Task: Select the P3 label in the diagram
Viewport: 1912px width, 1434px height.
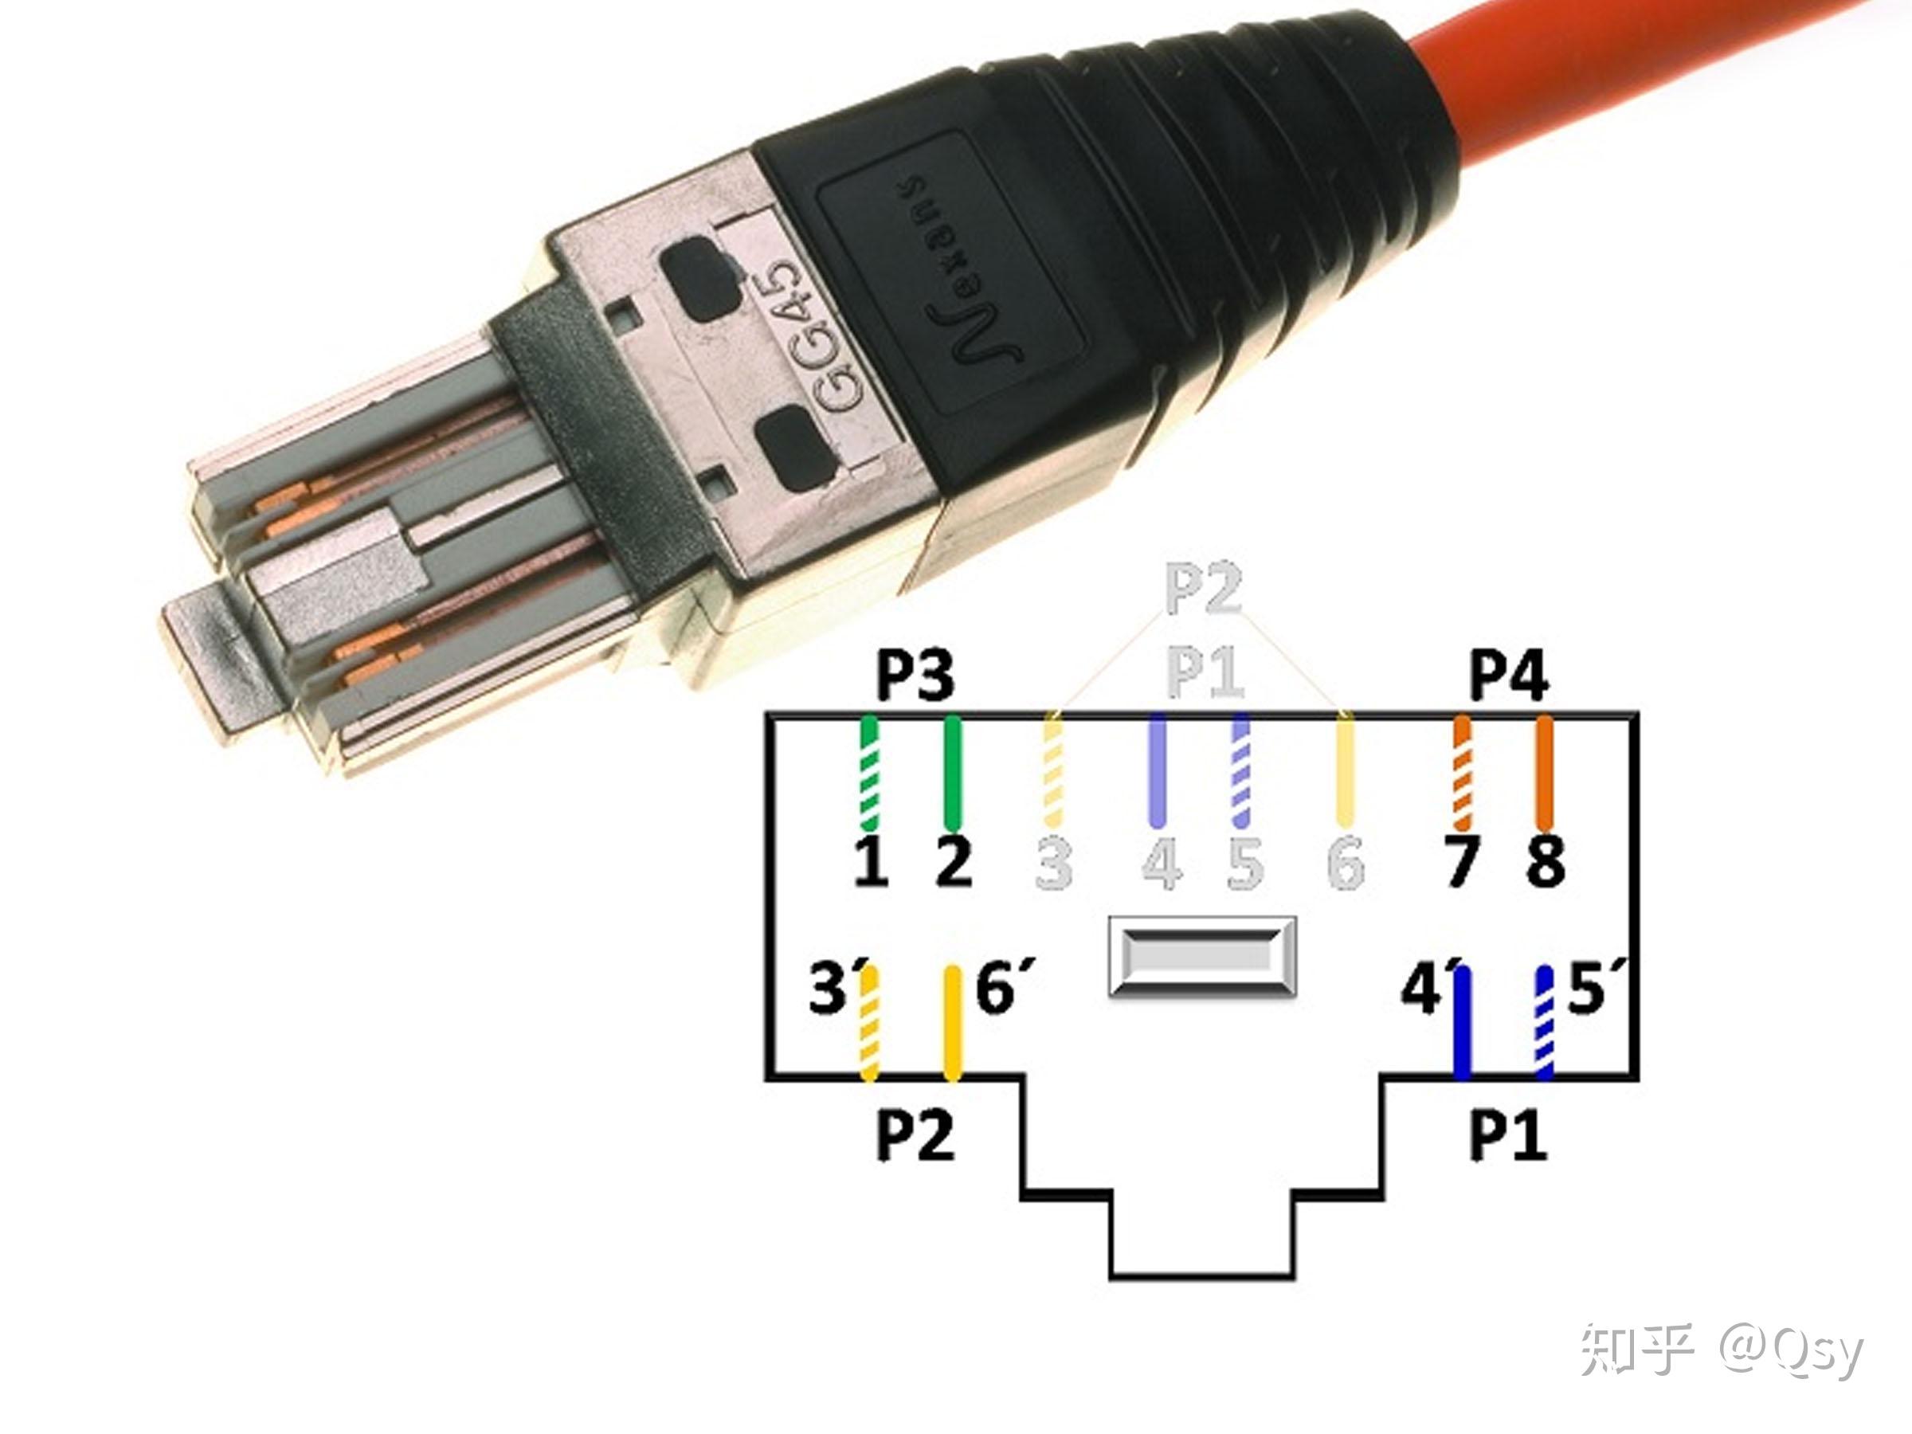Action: pos(915,676)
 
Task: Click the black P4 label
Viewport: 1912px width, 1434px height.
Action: pos(1508,676)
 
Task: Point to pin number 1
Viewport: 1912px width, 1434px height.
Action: pos(872,862)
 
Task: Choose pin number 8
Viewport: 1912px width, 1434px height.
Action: pos(1546,862)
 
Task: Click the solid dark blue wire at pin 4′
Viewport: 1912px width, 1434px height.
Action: pos(1463,1025)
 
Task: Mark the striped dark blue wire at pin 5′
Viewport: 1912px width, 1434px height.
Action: pos(1544,1025)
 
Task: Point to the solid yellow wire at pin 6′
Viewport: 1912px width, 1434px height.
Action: pos(953,1025)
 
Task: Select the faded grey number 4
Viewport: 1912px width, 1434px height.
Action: pos(1162,863)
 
